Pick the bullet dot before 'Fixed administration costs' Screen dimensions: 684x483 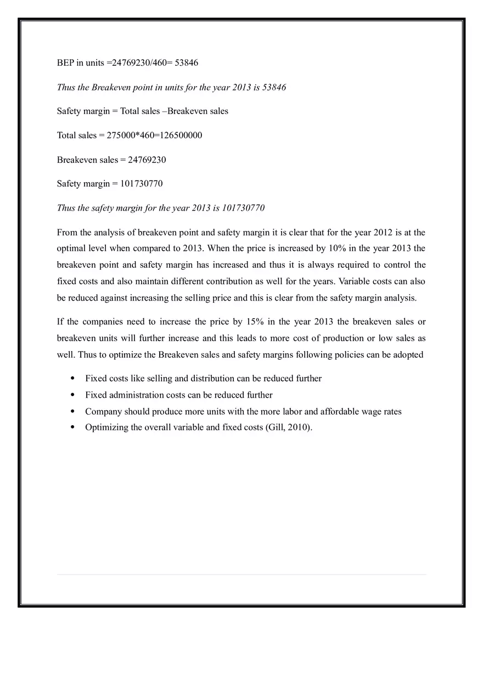coord(72,395)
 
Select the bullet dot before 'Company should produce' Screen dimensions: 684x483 coord(72,411)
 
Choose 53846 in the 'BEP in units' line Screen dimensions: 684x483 coord(186,63)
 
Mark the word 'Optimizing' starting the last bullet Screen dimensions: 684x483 coord(108,427)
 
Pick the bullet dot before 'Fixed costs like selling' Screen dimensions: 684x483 coord(72,378)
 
